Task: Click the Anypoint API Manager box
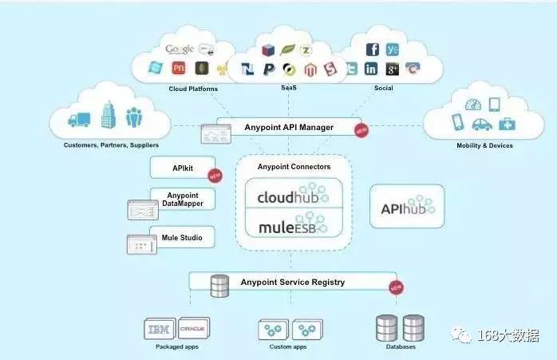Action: click(286, 127)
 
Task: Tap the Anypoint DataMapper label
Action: click(183, 200)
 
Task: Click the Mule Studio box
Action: click(183, 238)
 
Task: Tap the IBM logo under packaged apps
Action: click(160, 329)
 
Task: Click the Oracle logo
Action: click(194, 329)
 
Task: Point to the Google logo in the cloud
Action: click(180, 49)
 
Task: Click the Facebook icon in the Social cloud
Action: click(373, 49)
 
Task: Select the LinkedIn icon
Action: click(371, 69)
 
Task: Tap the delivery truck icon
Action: click(79, 120)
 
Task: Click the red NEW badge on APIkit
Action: click(214, 176)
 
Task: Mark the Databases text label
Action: click(400, 347)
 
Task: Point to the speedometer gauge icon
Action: click(473, 104)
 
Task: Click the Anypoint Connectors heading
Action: click(294, 167)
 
